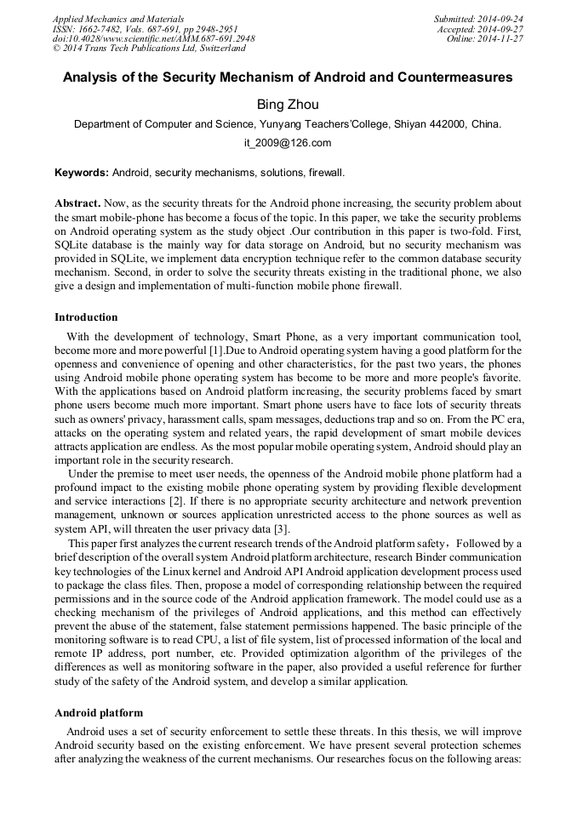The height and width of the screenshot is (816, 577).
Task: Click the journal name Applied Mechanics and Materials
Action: tap(118, 18)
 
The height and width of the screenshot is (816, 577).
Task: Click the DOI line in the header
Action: tap(153, 38)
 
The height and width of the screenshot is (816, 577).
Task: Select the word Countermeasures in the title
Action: tap(453, 77)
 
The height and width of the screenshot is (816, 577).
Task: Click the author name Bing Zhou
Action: tap(288, 104)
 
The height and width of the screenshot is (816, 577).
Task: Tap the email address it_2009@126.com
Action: tap(288, 143)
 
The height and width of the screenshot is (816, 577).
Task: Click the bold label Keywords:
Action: tap(82, 173)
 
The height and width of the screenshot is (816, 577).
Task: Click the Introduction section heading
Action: tap(86, 317)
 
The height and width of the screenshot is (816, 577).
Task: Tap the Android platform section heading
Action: tap(99, 712)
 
